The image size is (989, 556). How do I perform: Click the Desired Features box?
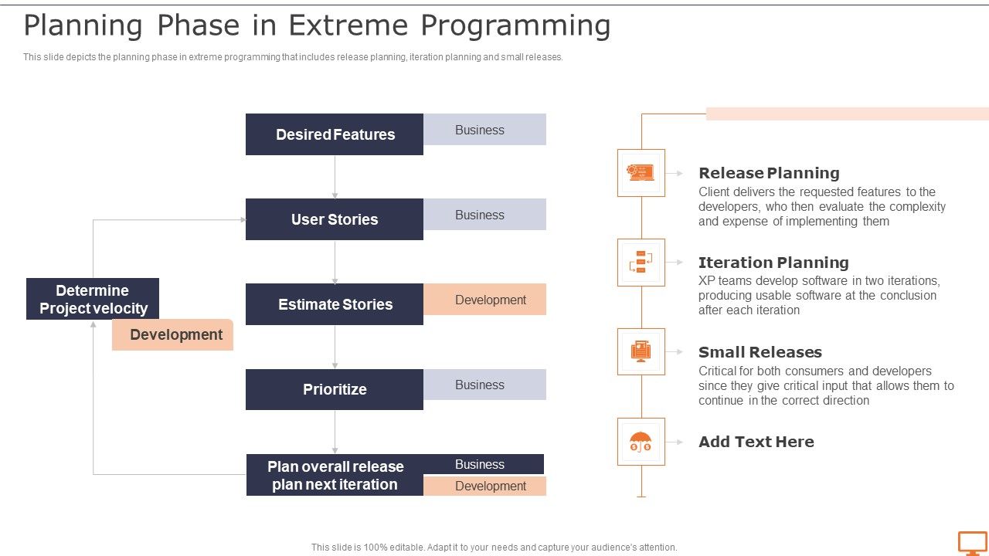tap(335, 134)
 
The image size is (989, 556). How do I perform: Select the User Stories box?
tap(335, 219)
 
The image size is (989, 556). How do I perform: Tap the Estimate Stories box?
tap(335, 304)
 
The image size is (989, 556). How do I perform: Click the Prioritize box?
tap(335, 389)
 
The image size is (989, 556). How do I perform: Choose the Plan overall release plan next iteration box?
tap(335, 475)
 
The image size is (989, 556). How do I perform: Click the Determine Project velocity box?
tap(93, 299)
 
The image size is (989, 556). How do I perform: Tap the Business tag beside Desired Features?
tap(484, 130)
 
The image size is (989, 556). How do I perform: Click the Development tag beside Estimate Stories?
tap(484, 300)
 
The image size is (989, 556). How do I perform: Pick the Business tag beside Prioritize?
tap(484, 385)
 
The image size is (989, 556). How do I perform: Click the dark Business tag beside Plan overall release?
tap(483, 464)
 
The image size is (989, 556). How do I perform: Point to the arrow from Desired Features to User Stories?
tap(335, 177)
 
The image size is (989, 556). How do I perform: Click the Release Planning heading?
tap(769, 173)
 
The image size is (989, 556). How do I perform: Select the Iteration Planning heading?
tap(773, 263)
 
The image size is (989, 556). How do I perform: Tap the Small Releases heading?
tap(760, 352)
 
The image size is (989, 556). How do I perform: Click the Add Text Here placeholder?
tap(756, 442)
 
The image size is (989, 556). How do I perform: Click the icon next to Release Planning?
tap(641, 173)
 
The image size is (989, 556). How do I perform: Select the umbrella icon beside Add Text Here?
tap(641, 442)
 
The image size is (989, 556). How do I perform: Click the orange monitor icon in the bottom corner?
tap(972, 543)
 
